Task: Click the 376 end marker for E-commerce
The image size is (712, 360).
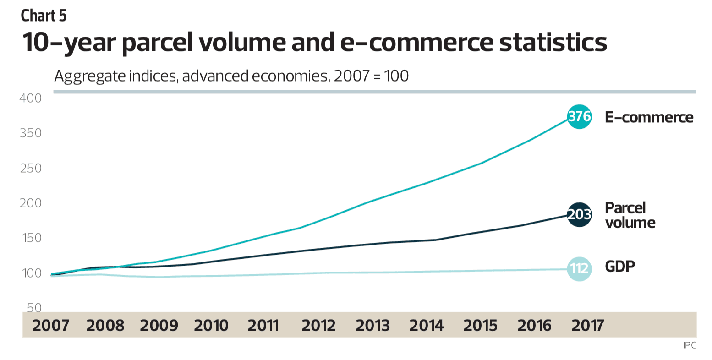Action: tap(579, 117)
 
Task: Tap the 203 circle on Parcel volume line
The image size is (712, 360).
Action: tap(579, 214)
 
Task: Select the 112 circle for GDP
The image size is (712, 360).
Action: tap(579, 269)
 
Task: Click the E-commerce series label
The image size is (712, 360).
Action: tap(649, 117)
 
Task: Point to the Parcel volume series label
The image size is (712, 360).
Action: tap(630, 215)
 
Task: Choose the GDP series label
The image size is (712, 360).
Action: tap(620, 267)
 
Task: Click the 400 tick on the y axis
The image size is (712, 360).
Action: tap(31, 98)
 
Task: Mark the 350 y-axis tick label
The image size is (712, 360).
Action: tap(31, 133)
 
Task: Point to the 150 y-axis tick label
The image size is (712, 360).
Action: tap(31, 238)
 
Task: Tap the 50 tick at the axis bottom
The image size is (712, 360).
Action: tap(33, 307)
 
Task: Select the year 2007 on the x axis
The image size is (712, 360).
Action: tap(50, 326)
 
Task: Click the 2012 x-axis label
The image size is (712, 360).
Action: tap(318, 326)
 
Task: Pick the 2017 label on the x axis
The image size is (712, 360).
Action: tap(588, 326)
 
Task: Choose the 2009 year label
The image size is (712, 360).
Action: tap(159, 326)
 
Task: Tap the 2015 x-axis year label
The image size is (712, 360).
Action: tap(480, 326)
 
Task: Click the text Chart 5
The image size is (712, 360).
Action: tap(44, 16)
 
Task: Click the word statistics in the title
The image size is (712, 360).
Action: tap(553, 42)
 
